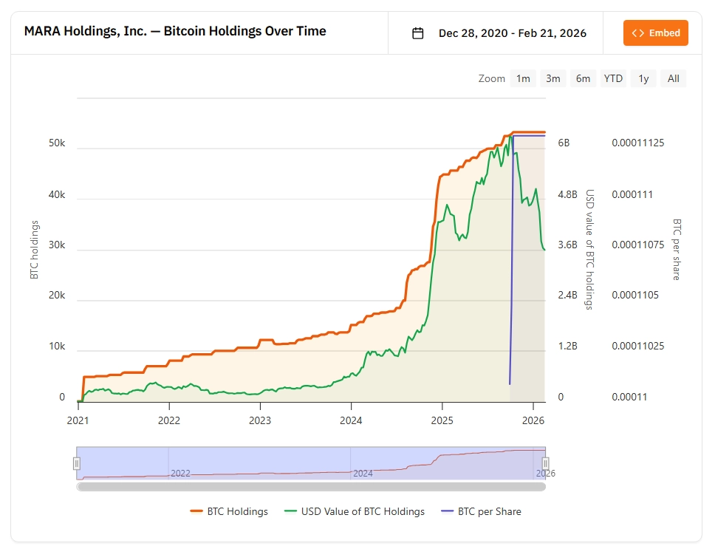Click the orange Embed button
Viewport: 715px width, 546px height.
[656, 33]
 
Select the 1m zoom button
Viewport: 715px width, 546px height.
[523, 78]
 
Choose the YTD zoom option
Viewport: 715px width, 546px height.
[613, 78]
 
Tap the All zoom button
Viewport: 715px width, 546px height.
[673, 78]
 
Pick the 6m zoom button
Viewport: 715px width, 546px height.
[583, 78]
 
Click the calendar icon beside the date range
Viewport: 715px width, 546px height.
[418, 33]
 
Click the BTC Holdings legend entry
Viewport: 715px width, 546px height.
[229, 511]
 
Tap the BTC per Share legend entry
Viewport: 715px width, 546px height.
[481, 511]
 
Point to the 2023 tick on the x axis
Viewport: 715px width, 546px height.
[260, 420]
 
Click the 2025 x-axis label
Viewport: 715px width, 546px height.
[442, 420]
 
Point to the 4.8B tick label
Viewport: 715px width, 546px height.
[567, 194]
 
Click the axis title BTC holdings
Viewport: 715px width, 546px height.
[34, 250]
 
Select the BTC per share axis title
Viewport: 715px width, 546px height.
[676, 249]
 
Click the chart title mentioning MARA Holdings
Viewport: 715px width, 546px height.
[175, 32]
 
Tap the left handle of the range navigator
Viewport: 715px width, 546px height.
[76, 463]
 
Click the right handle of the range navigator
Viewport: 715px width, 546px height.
[546, 463]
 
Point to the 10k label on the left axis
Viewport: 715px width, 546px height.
[57, 347]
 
